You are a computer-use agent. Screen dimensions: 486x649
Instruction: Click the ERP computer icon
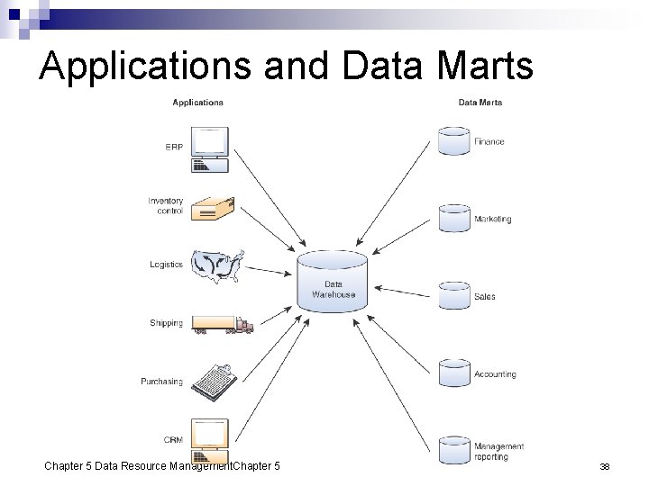click(x=210, y=148)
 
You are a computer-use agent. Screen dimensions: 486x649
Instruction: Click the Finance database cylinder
click(x=453, y=141)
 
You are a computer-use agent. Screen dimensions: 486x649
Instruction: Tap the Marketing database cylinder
click(x=453, y=219)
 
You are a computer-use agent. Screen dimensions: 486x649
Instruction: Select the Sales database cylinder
click(x=453, y=296)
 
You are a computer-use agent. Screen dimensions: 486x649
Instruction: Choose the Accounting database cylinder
click(x=453, y=374)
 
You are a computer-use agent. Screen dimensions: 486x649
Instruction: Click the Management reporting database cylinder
click(x=453, y=451)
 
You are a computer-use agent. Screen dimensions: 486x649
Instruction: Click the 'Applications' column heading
click(x=197, y=103)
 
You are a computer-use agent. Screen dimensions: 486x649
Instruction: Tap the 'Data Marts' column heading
click(x=480, y=103)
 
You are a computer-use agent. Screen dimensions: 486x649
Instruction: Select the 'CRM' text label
click(x=173, y=440)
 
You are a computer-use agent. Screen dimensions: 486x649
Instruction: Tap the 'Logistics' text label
click(x=166, y=265)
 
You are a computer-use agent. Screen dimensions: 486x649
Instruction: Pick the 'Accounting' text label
click(x=495, y=374)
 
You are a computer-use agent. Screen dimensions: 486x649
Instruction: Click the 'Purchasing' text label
click(x=161, y=382)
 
